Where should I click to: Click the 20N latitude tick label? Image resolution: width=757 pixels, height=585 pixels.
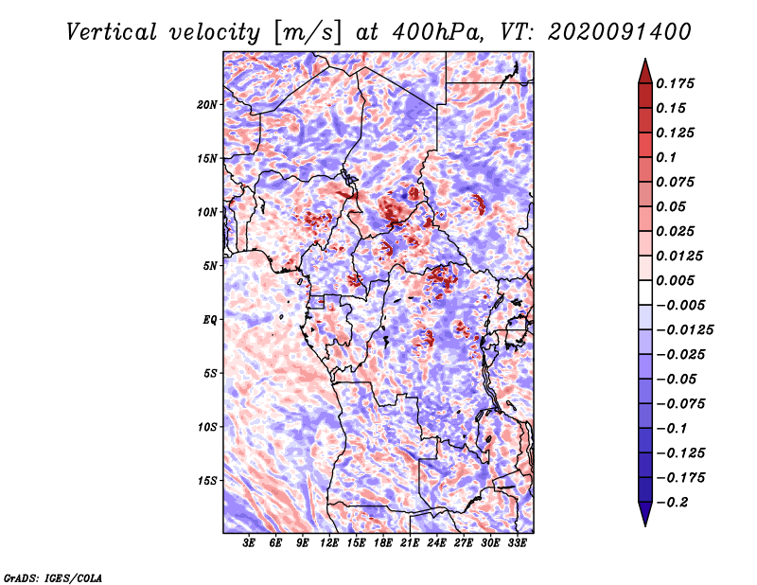tap(207, 104)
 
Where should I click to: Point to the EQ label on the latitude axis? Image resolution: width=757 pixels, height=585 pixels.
tap(209, 320)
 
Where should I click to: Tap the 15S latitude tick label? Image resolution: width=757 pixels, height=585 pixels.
tap(207, 481)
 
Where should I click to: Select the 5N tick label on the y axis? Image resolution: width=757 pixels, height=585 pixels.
tap(209, 266)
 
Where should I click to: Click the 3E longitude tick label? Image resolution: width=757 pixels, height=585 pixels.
tap(250, 544)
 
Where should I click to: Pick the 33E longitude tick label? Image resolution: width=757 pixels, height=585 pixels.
tap(518, 544)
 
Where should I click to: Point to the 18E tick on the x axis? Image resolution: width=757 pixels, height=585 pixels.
tap(383, 544)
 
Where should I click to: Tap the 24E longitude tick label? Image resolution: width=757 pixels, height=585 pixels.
tap(437, 544)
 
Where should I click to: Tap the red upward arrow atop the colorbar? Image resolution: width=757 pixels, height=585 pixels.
tap(644, 70)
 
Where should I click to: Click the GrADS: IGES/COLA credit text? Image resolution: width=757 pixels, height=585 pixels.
tap(53, 576)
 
